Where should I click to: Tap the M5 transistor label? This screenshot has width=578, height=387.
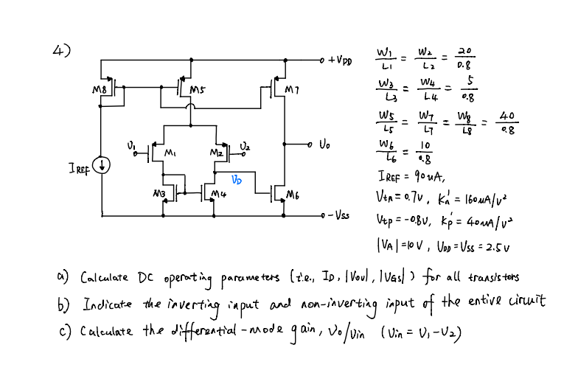click(x=197, y=91)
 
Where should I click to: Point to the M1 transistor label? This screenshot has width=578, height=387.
click(x=169, y=154)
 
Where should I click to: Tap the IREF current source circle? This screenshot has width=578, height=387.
click(x=105, y=164)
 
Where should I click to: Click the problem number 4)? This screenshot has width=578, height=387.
click(x=62, y=50)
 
